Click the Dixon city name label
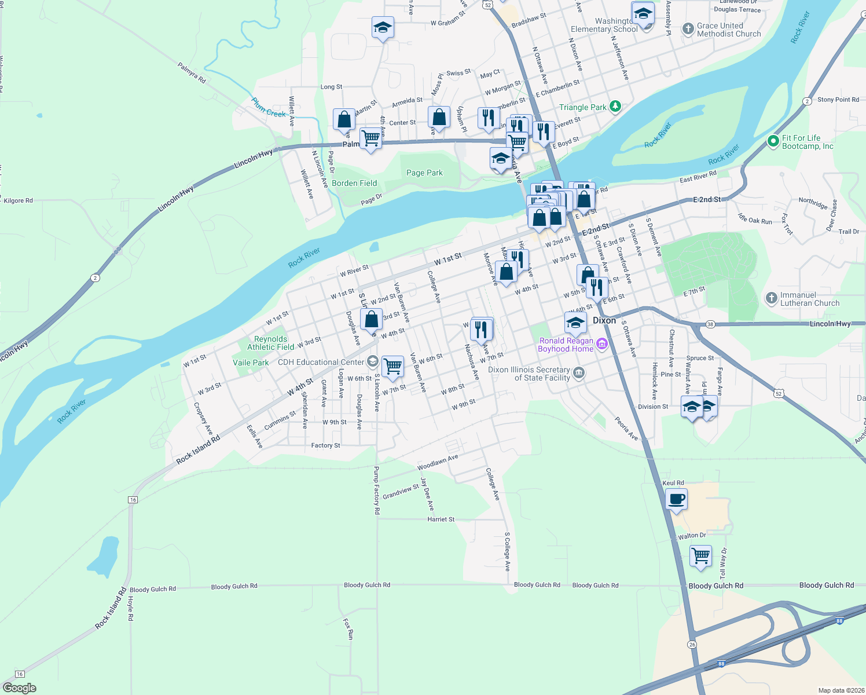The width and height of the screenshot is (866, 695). point(604,320)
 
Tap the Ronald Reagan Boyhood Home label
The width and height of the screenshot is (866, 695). point(566,345)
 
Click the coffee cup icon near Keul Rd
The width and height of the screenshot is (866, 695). point(676,499)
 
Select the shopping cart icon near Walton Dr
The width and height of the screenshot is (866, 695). point(701,556)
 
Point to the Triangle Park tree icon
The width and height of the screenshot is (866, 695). point(615,107)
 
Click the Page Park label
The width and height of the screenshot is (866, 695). point(424,173)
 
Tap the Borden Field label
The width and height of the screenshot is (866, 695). point(354,183)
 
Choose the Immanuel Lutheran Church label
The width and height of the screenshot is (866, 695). point(809,299)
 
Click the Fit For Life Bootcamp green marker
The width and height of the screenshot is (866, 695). point(773,141)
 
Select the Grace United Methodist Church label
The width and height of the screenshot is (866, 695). point(728,30)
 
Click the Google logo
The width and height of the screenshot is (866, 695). point(20,688)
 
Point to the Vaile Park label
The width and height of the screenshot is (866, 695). point(251,363)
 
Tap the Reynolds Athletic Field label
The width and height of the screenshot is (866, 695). point(270,343)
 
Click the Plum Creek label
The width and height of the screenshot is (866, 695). point(269,108)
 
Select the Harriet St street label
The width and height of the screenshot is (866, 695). point(441,520)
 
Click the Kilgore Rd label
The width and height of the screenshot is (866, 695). point(19,200)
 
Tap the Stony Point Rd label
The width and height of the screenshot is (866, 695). point(838,100)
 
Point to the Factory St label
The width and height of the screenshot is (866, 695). point(325,445)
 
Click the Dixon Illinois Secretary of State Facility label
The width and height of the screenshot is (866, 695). point(529,374)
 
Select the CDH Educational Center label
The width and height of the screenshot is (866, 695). point(321,362)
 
